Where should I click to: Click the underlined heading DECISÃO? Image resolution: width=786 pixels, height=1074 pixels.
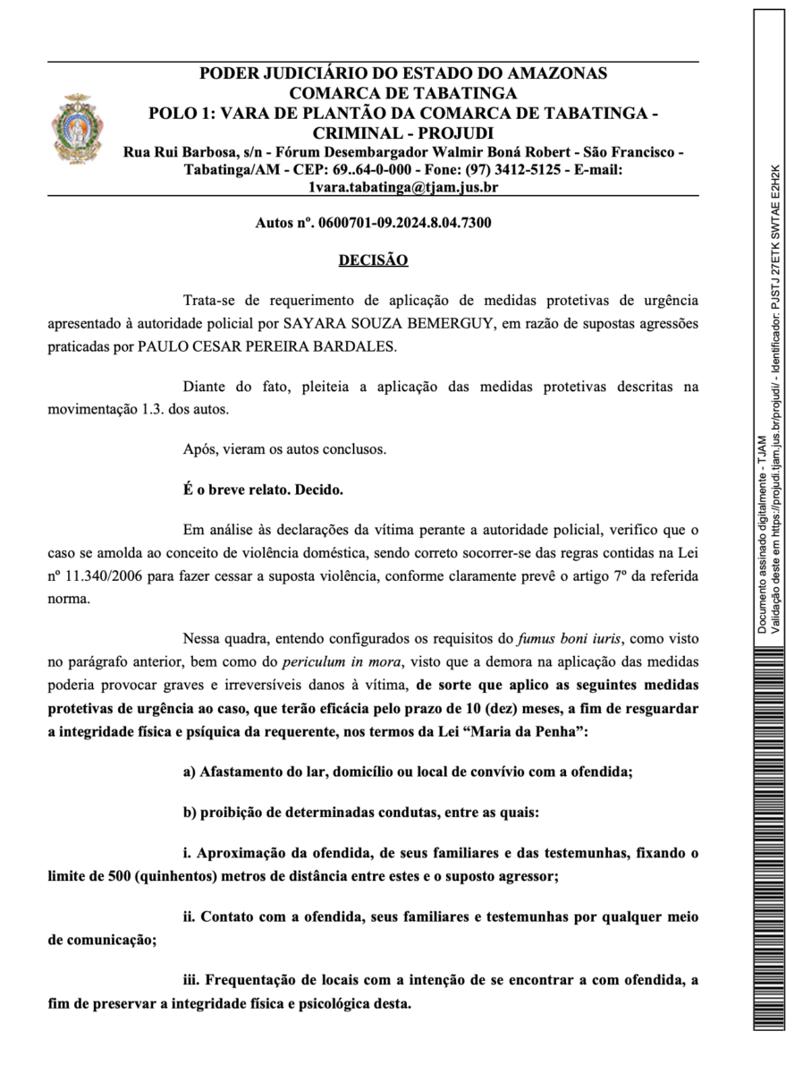point(373,260)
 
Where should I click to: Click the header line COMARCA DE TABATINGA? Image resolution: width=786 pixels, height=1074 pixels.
point(403,93)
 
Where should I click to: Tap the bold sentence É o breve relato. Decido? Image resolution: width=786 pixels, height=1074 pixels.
point(262,490)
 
